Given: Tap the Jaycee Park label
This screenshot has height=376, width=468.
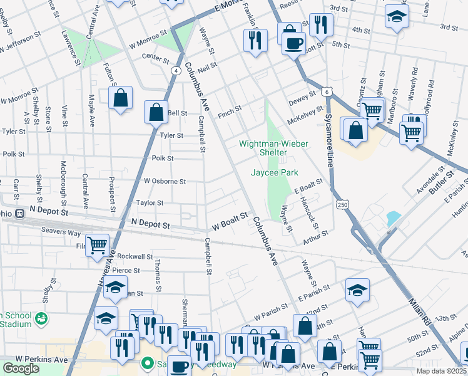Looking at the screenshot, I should click(274, 172).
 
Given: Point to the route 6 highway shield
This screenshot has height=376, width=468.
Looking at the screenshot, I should click(327, 92).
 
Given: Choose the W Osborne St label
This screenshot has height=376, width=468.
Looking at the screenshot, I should click(165, 181).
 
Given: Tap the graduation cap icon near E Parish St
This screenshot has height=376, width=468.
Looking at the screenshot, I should click(357, 290).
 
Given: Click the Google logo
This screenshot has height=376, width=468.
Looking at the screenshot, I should click(20, 368).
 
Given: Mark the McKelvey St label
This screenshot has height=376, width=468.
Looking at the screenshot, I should click(303, 113).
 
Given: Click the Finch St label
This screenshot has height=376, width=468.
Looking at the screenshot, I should click(230, 115).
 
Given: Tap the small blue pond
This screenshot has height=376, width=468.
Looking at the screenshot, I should click(394, 218).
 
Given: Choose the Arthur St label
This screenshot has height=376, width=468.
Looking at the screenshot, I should click(316, 235).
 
